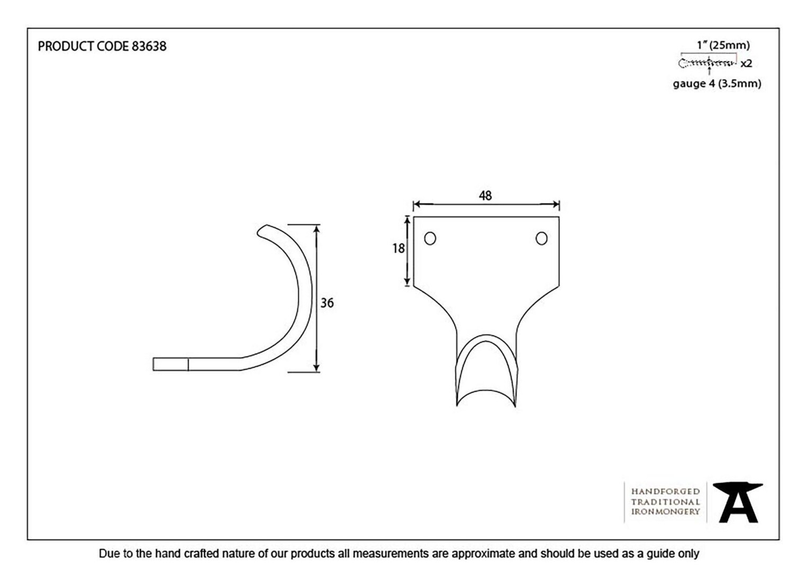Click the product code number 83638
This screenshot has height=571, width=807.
click(x=149, y=47)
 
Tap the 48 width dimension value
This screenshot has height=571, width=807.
click(x=485, y=196)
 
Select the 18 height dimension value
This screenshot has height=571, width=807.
click(x=398, y=248)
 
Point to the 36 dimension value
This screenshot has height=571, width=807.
click(x=327, y=303)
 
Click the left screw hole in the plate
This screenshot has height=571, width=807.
click(x=430, y=238)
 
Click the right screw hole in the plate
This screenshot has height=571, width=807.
click(x=541, y=238)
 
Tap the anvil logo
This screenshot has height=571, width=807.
click(x=738, y=502)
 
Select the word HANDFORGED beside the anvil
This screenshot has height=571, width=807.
click(x=665, y=492)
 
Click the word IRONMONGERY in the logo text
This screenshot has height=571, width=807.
click(x=665, y=512)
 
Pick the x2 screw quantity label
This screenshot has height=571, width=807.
click(x=746, y=64)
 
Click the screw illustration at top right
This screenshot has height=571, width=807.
click(x=707, y=63)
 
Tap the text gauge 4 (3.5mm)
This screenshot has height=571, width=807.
click(x=717, y=84)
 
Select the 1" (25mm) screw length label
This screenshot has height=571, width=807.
click(x=723, y=45)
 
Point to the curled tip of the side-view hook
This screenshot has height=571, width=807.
click(x=261, y=231)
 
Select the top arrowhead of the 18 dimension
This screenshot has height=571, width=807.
click(x=407, y=220)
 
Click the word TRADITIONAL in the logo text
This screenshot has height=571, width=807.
click(x=665, y=502)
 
